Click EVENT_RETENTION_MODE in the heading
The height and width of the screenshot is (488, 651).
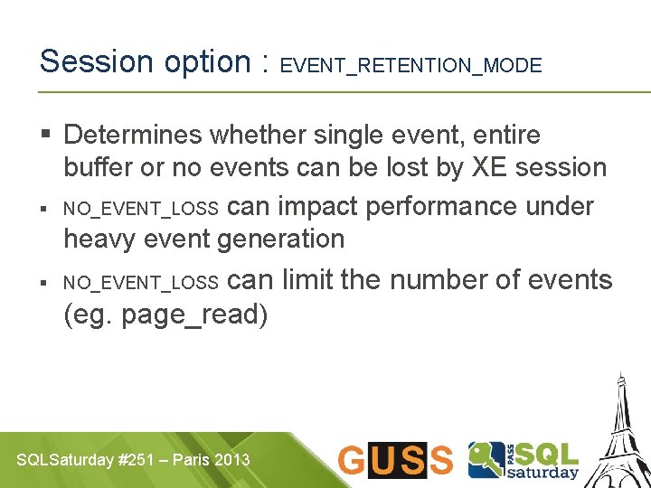[x=411, y=66]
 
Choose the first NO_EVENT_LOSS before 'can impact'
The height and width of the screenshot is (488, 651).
[x=140, y=210]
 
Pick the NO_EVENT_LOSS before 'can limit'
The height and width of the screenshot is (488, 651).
[x=140, y=284]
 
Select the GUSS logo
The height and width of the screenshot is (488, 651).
[x=394, y=460]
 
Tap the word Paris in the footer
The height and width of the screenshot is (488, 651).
[x=190, y=460]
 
